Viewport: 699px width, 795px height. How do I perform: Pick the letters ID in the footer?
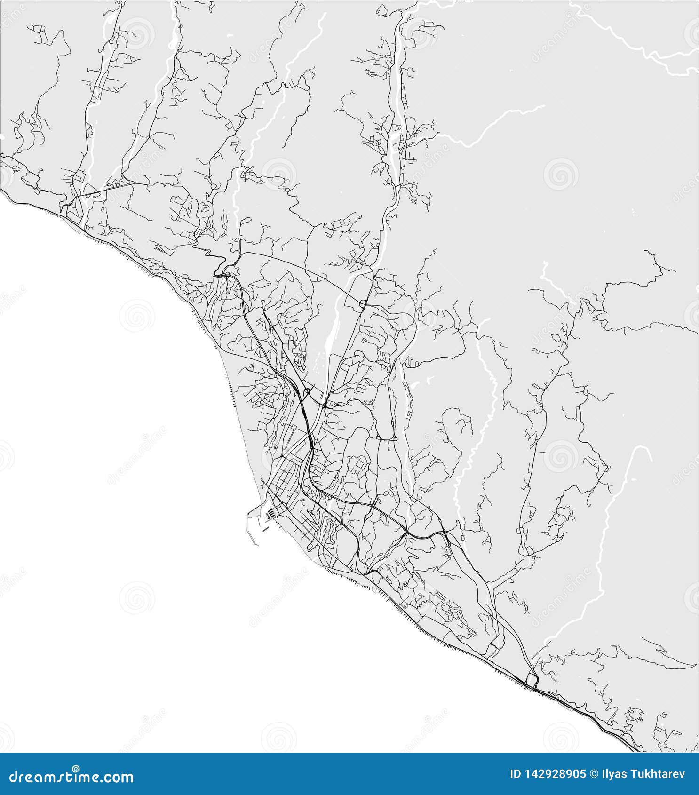[516, 774]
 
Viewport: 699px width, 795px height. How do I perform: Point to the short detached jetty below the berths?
[266, 528]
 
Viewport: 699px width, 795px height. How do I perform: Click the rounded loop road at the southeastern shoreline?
[532, 679]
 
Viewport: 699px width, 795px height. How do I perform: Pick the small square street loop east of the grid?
[359, 464]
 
